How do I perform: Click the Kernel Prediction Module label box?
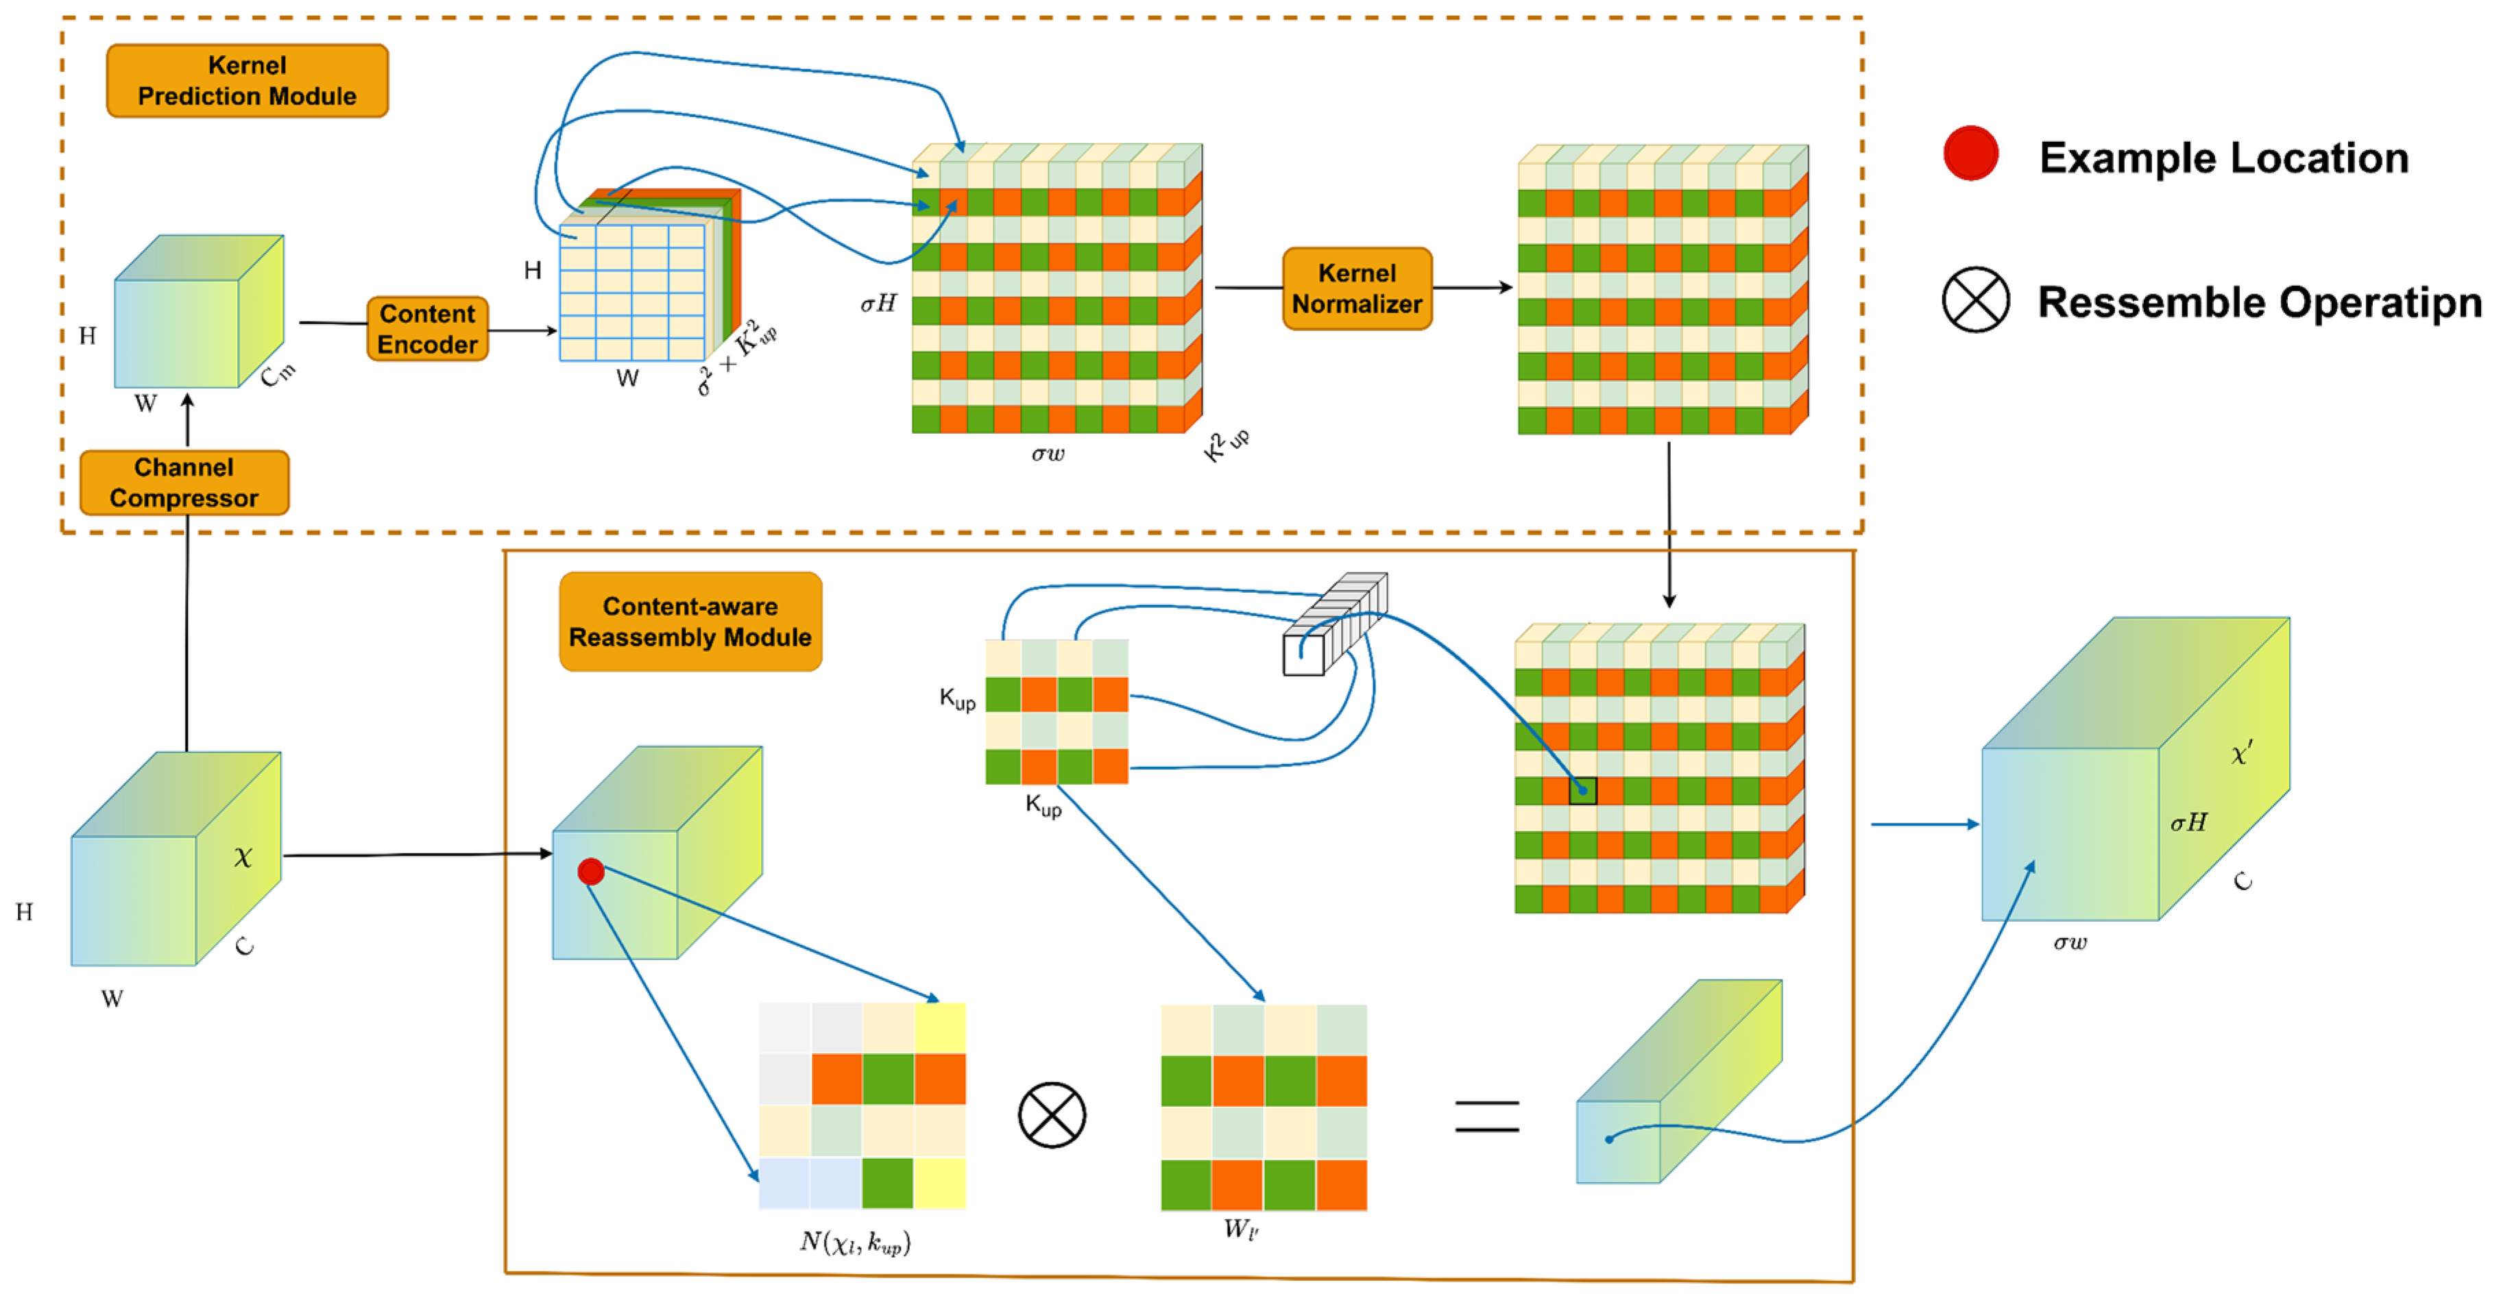point(247,81)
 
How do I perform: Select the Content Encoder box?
point(427,329)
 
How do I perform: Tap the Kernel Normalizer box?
point(1357,289)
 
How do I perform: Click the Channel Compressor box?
point(184,482)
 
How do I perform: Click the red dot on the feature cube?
point(591,871)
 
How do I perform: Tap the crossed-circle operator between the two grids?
point(1051,1114)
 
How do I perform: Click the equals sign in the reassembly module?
point(1487,1116)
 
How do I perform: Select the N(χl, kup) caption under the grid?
point(855,1241)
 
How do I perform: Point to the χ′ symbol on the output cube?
point(2242,753)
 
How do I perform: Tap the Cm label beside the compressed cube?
point(278,373)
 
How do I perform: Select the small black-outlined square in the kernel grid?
point(1582,790)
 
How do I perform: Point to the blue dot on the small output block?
point(1609,1139)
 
